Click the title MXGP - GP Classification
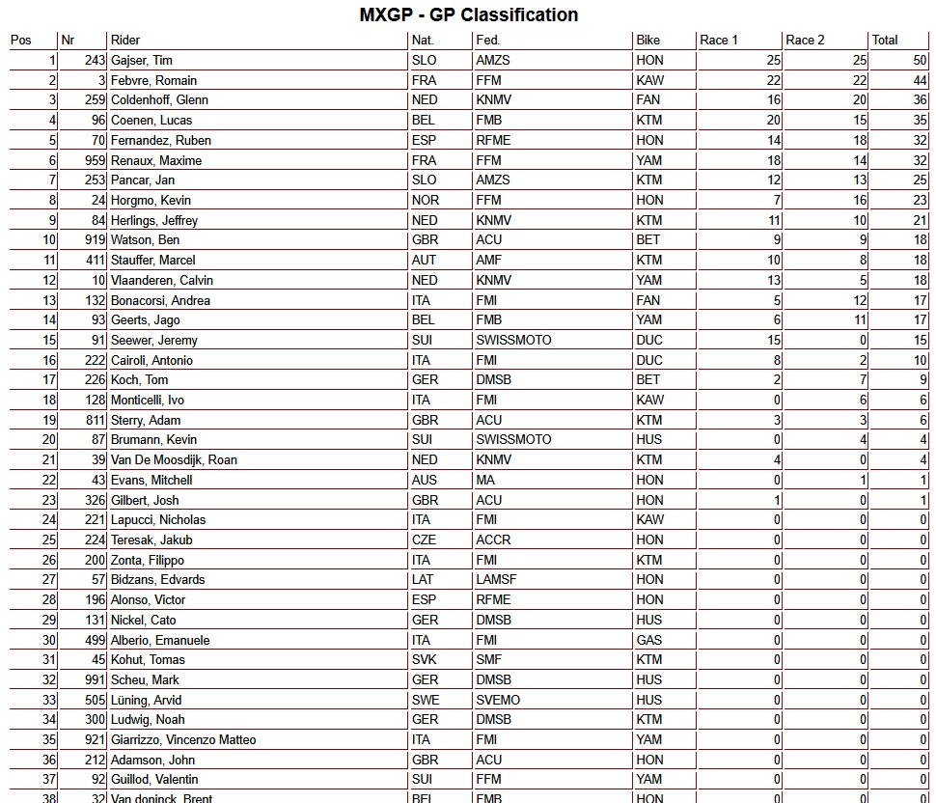pyautogui.click(x=468, y=14)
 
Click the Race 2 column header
pyautogui.click(x=805, y=40)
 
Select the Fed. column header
pyautogui.click(x=487, y=40)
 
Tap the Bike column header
pyautogui.click(x=648, y=40)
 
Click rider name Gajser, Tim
pyautogui.click(x=142, y=60)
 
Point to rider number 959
pyautogui.click(x=94, y=160)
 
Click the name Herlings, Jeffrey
pyautogui.click(x=154, y=220)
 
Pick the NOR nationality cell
pyautogui.click(x=425, y=200)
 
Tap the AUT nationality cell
pyautogui.click(x=424, y=260)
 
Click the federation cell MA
pyautogui.click(x=485, y=480)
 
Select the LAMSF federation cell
pyautogui.click(x=497, y=579)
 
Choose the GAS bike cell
pyautogui.click(x=649, y=640)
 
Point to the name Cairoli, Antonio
pyautogui.click(x=151, y=360)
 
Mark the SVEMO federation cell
pyautogui.click(x=498, y=700)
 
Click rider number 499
pyautogui.click(x=94, y=640)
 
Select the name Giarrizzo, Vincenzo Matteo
pyautogui.click(x=183, y=739)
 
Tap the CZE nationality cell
pyautogui.click(x=424, y=540)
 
